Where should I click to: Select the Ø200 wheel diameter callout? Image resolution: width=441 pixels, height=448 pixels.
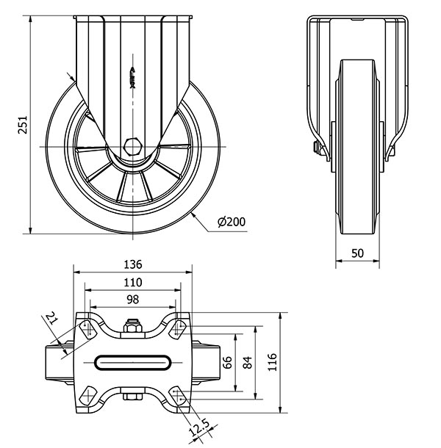(x=232, y=221)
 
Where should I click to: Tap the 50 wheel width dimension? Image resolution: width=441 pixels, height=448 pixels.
(x=357, y=253)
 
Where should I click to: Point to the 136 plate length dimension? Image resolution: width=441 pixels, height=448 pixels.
(x=132, y=265)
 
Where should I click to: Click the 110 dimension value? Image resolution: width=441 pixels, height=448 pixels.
(x=132, y=282)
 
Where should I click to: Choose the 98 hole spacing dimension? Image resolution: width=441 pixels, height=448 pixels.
(x=132, y=299)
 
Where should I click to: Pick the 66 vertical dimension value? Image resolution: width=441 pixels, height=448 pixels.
(x=226, y=361)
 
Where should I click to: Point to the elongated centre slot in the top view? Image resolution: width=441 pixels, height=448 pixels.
(x=133, y=361)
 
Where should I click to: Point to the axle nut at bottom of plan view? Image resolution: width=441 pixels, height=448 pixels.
(x=133, y=400)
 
